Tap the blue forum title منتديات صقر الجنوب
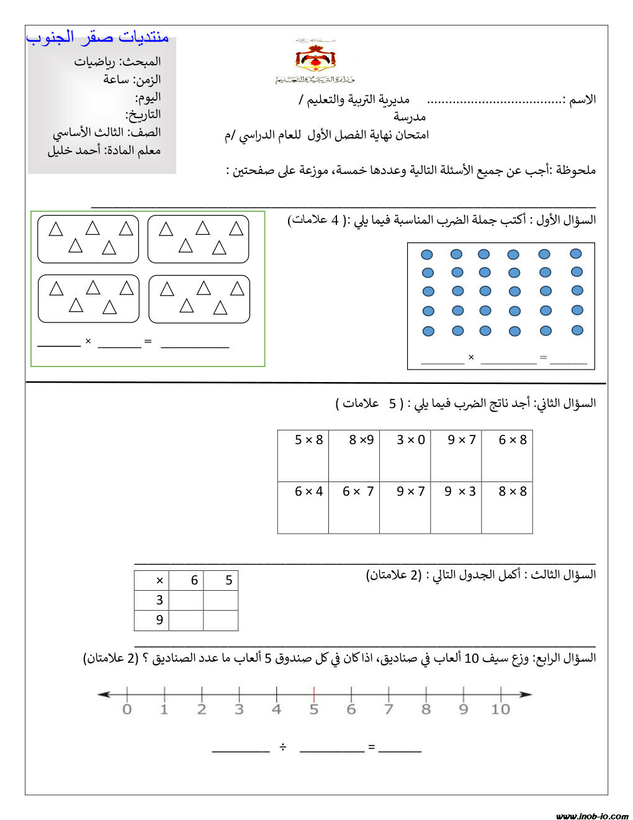click(97, 37)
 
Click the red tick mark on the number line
click(314, 694)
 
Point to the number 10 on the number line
click(500, 709)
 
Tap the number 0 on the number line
click(127, 709)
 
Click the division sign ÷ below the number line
click(283, 747)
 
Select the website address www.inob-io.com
click(592, 816)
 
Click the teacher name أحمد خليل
click(74, 150)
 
